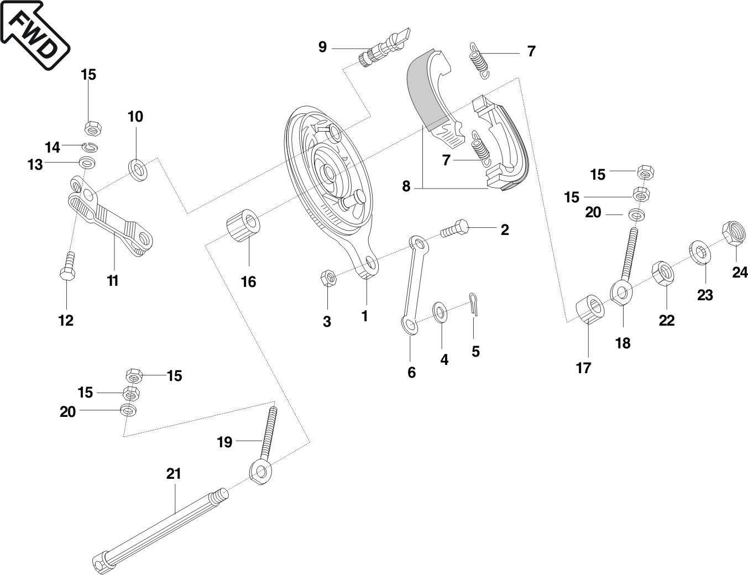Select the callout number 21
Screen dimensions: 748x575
pyautogui.click(x=174, y=474)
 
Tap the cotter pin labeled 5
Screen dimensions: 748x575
pyautogui.click(x=474, y=304)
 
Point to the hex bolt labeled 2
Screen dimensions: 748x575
pyautogui.click(x=454, y=228)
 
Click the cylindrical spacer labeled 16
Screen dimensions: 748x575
pyautogui.click(x=243, y=225)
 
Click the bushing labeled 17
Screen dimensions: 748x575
pyautogui.click(x=590, y=309)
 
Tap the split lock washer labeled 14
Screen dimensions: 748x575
pyautogui.click(x=91, y=147)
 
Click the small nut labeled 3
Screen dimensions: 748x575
pyautogui.click(x=329, y=278)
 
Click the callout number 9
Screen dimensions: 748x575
pyautogui.click(x=322, y=47)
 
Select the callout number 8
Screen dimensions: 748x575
pyautogui.click(x=406, y=186)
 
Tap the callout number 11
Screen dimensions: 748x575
pyautogui.click(x=113, y=281)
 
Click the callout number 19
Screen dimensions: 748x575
pyautogui.click(x=224, y=442)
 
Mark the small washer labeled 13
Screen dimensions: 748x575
pyautogui.click(x=87, y=163)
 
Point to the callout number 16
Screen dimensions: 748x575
pyautogui.click(x=249, y=282)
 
